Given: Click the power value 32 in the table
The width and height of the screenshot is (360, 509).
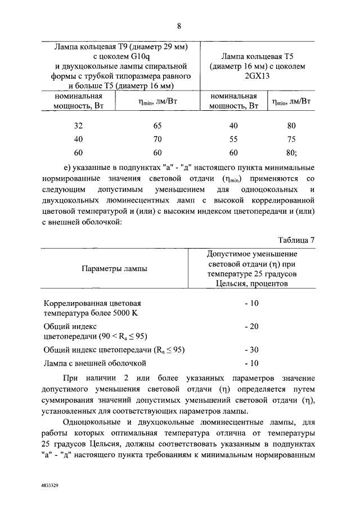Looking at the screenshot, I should coord(78,125).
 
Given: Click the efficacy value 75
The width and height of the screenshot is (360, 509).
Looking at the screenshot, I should coord(291,139).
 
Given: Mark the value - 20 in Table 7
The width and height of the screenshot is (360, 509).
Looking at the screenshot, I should coord(251,326).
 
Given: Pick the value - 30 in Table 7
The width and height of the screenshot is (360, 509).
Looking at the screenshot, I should coord(251,349).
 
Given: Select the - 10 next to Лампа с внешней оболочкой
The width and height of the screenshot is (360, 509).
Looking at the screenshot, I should coord(251,363).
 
